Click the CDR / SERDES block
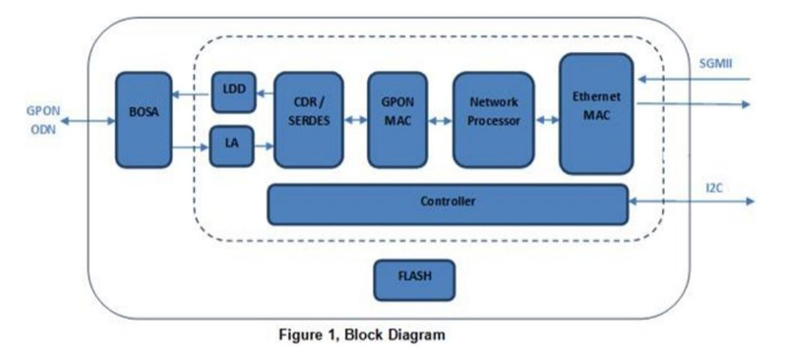click(x=309, y=119)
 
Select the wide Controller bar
click(x=448, y=204)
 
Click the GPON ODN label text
click(x=39, y=120)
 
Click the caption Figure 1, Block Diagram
click(x=359, y=335)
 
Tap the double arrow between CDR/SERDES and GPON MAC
click(x=355, y=120)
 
